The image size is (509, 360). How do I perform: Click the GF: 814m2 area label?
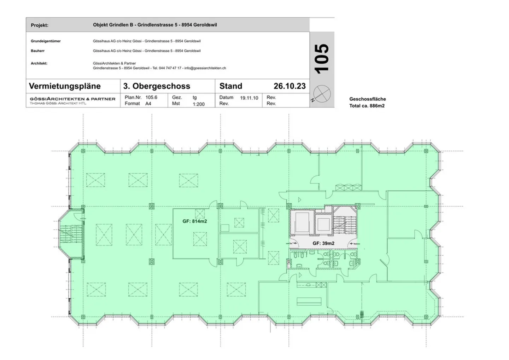pos(195,221)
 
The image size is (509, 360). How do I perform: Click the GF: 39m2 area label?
pos(323,243)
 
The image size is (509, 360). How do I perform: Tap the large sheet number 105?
pos(322,59)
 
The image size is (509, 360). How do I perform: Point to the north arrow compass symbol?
pos(322,94)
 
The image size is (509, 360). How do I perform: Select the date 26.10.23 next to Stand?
pos(289,86)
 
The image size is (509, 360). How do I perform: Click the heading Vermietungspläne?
pos(65,86)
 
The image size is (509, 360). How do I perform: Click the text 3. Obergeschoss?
pos(157,86)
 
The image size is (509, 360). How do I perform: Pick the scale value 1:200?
pos(199,104)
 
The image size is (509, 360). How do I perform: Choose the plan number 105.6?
pos(151,97)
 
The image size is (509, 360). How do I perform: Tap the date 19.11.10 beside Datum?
pos(249,98)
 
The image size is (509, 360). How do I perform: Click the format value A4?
pos(148,104)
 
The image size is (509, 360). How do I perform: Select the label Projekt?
pos(40,25)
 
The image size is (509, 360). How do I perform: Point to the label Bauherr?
pos(38,51)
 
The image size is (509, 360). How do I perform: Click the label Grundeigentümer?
pos(46,41)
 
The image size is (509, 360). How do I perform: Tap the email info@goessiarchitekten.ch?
pos(205,68)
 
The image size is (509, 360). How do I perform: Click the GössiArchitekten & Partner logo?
pos(73,100)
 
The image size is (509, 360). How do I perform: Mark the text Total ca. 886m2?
pos(367,106)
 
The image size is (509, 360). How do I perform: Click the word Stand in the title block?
pos(230,86)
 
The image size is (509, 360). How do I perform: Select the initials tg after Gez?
pos(195,98)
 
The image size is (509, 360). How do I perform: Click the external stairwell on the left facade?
pos(71,234)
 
